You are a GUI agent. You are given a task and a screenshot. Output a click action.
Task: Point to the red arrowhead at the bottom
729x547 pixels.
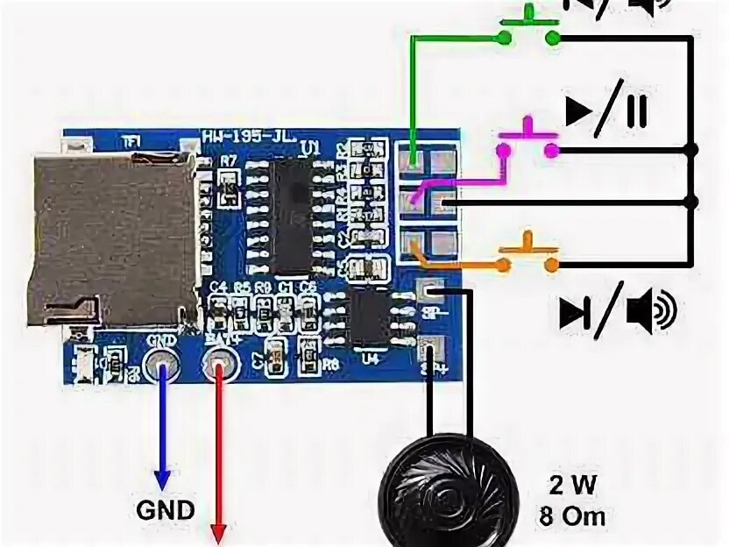[219, 532]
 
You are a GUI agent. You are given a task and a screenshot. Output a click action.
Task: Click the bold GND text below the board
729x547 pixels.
[164, 510]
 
